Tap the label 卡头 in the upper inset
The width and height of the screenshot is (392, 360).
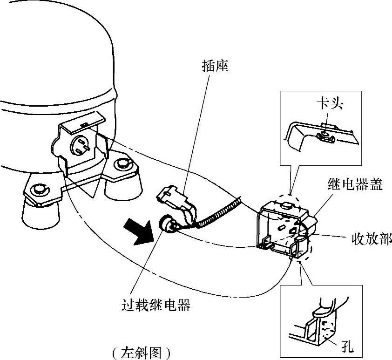point(329,103)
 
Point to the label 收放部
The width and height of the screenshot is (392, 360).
point(371,239)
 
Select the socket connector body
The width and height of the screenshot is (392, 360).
point(173,196)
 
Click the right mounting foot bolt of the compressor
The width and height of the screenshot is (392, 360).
point(123,163)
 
